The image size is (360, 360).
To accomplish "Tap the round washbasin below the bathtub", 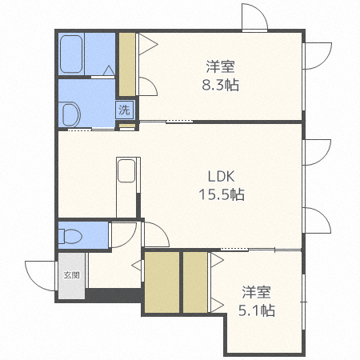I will [70, 114].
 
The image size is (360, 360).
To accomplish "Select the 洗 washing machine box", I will [124, 110].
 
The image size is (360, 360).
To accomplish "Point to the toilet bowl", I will [71, 237].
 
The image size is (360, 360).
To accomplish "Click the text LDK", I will [222, 177].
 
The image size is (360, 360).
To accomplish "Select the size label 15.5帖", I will [222, 194].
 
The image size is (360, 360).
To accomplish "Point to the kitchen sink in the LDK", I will [126, 172].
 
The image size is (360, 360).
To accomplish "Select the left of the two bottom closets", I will [162, 282].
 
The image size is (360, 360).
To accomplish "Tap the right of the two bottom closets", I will [195, 282].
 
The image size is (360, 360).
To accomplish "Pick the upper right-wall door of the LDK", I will [317, 152].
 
